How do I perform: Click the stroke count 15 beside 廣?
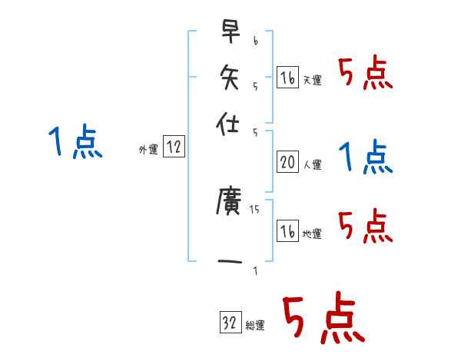(x=254, y=208)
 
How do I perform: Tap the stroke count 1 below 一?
(x=255, y=270)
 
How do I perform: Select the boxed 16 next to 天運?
(x=287, y=78)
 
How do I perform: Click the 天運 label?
(x=313, y=81)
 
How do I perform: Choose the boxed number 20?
(x=287, y=161)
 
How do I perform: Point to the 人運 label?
(x=313, y=164)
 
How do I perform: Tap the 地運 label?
(x=313, y=233)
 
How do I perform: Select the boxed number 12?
(x=174, y=148)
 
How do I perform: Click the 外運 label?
(x=148, y=151)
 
